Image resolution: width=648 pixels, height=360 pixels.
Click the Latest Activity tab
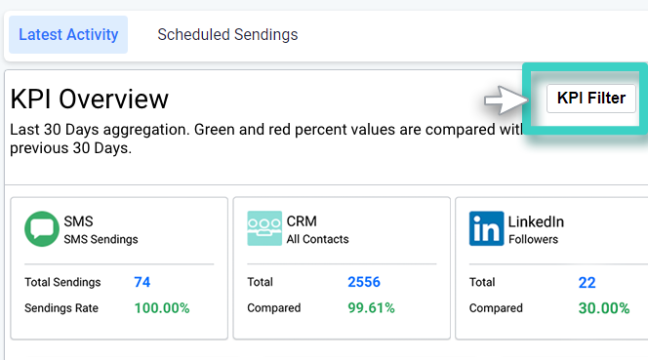point(68,35)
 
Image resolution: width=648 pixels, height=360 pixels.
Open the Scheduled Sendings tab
point(227,35)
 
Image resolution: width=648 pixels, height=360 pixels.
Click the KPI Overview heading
point(90,99)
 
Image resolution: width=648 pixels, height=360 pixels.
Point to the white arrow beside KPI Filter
point(505,99)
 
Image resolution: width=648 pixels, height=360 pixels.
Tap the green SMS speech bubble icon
point(41,229)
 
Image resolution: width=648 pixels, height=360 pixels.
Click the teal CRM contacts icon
point(264,229)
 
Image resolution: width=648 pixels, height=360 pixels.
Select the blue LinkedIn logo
point(486,229)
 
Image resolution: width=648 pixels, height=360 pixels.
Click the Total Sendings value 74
point(142,282)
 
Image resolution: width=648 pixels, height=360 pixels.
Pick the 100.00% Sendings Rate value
point(162,308)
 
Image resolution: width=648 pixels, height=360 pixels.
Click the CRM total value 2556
point(364,282)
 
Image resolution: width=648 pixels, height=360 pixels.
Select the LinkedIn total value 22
point(587,282)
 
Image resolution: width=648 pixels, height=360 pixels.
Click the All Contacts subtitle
point(317,239)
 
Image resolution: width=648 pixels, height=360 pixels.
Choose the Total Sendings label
point(62,282)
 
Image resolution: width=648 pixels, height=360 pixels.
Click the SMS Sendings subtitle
point(101,239)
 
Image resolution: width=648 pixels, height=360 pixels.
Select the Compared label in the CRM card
point(274,308)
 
